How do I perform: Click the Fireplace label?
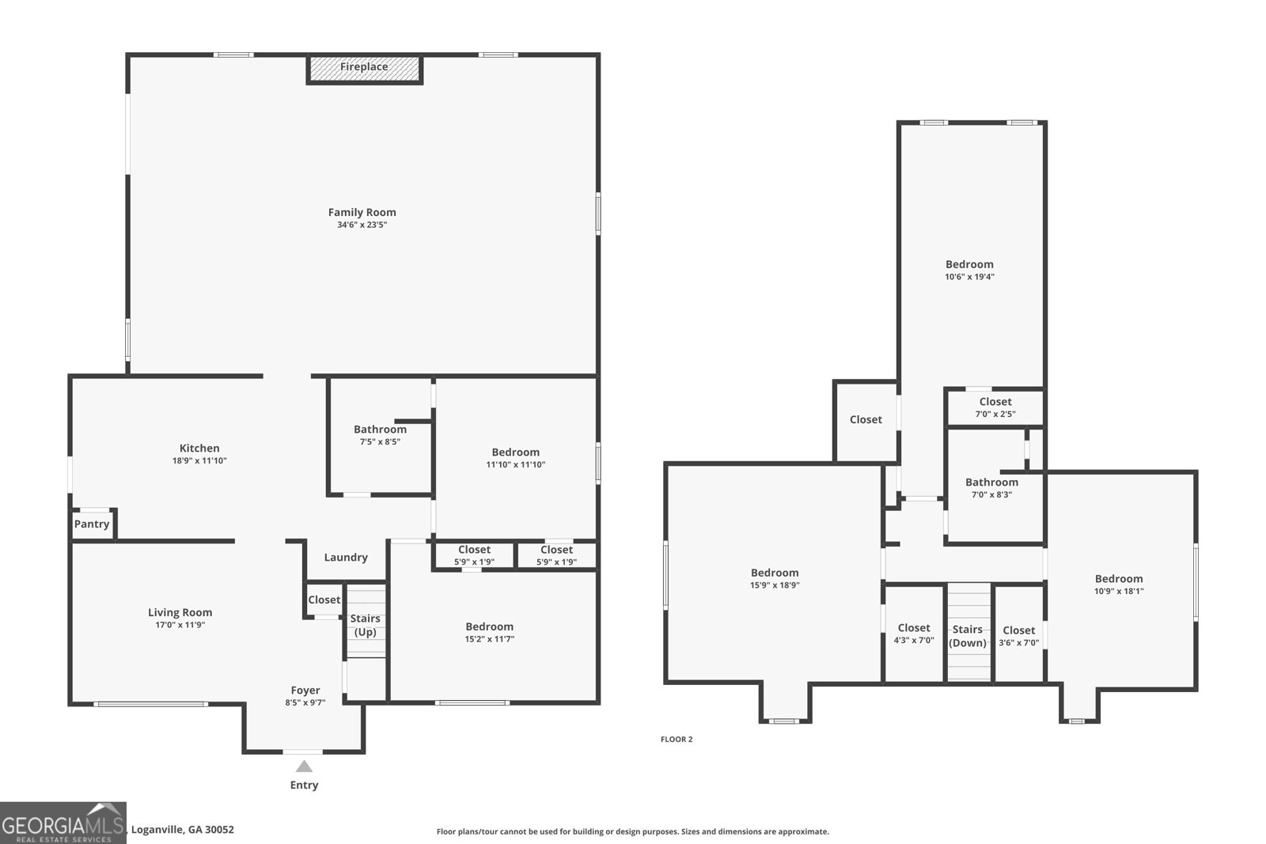coord(364,66)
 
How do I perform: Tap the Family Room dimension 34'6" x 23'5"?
coord(362,225)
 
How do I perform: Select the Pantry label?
coord(92,524)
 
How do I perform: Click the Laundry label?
coord(346,558)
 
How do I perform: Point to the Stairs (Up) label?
coord(365,626)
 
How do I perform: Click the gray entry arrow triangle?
coord(304,766)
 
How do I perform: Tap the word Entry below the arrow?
coord(304,785)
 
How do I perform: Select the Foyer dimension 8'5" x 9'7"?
coord(305,702)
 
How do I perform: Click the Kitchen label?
coord(199,448)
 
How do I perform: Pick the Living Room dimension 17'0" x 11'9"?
coord(180,625)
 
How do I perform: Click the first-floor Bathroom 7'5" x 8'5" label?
coord(381,435)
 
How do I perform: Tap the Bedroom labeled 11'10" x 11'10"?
coord(515,458)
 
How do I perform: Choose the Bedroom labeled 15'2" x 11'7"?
coord(490,633)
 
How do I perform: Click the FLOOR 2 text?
coord(677,740)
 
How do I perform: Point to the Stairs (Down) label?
coord(968,636)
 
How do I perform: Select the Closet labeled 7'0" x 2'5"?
coord(995,407)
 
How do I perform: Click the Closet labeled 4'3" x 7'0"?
coord(914,634)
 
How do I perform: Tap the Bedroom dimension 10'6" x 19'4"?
coord(970,277)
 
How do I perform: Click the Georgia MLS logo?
coord(63,823)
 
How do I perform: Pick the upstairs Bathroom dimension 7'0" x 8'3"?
coord(992,495)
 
